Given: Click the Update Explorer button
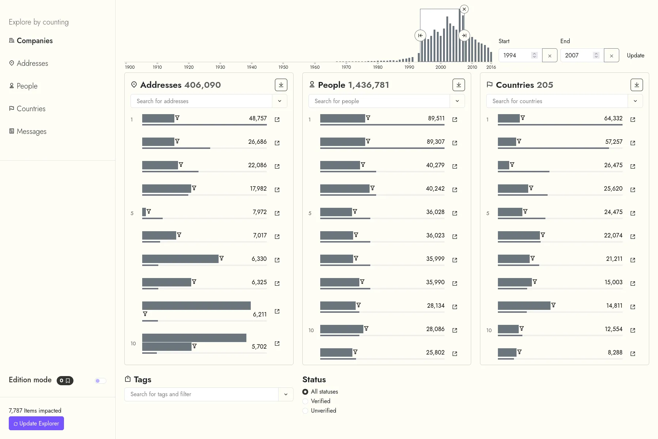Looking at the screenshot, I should [x=36, y=423].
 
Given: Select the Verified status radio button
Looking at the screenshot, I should [x=305, y=401].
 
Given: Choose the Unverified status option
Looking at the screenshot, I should [x=305, y=411].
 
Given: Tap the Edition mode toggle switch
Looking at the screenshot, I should [x=100, y=381].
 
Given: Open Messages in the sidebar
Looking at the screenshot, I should [x=31, y=131].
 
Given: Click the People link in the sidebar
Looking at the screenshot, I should [x=27, y=86].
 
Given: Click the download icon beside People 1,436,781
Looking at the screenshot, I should [x=458, y=85].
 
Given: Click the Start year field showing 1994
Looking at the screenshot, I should [x=515, y=55].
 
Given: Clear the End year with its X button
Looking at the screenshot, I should [x=611, y=56].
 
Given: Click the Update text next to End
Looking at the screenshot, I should [x=635, y=55].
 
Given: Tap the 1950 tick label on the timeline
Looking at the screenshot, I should [x=283, y=67].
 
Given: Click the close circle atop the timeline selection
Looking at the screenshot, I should [x=464, y=9].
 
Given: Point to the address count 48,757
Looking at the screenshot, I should [x=258, y=119].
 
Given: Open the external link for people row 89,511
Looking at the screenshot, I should [x=455, y=120].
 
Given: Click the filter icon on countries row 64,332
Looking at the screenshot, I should [x=523, y=118].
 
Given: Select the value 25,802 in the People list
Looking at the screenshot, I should [x=435, y=353].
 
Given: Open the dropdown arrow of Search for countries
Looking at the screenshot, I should [x=635, y=101].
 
